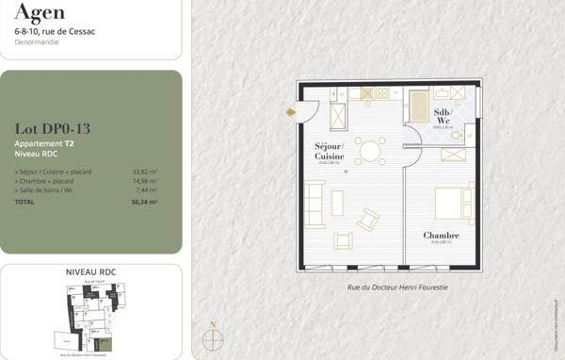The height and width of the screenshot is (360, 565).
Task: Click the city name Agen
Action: pos(39,11)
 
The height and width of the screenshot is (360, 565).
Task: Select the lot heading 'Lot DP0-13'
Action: pos(53,129)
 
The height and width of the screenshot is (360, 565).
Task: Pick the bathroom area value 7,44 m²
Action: pos(146,190)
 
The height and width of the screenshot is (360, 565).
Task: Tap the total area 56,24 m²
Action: pos(144,202)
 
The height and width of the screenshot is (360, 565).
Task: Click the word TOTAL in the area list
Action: pos(24,202)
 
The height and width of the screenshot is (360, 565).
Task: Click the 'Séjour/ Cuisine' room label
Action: pos(330,152)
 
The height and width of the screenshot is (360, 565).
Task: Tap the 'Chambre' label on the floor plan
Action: pos(441,236)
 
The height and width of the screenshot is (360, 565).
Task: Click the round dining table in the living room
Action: pos(370,150)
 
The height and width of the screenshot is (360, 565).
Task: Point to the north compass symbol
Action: pos(213,339)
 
